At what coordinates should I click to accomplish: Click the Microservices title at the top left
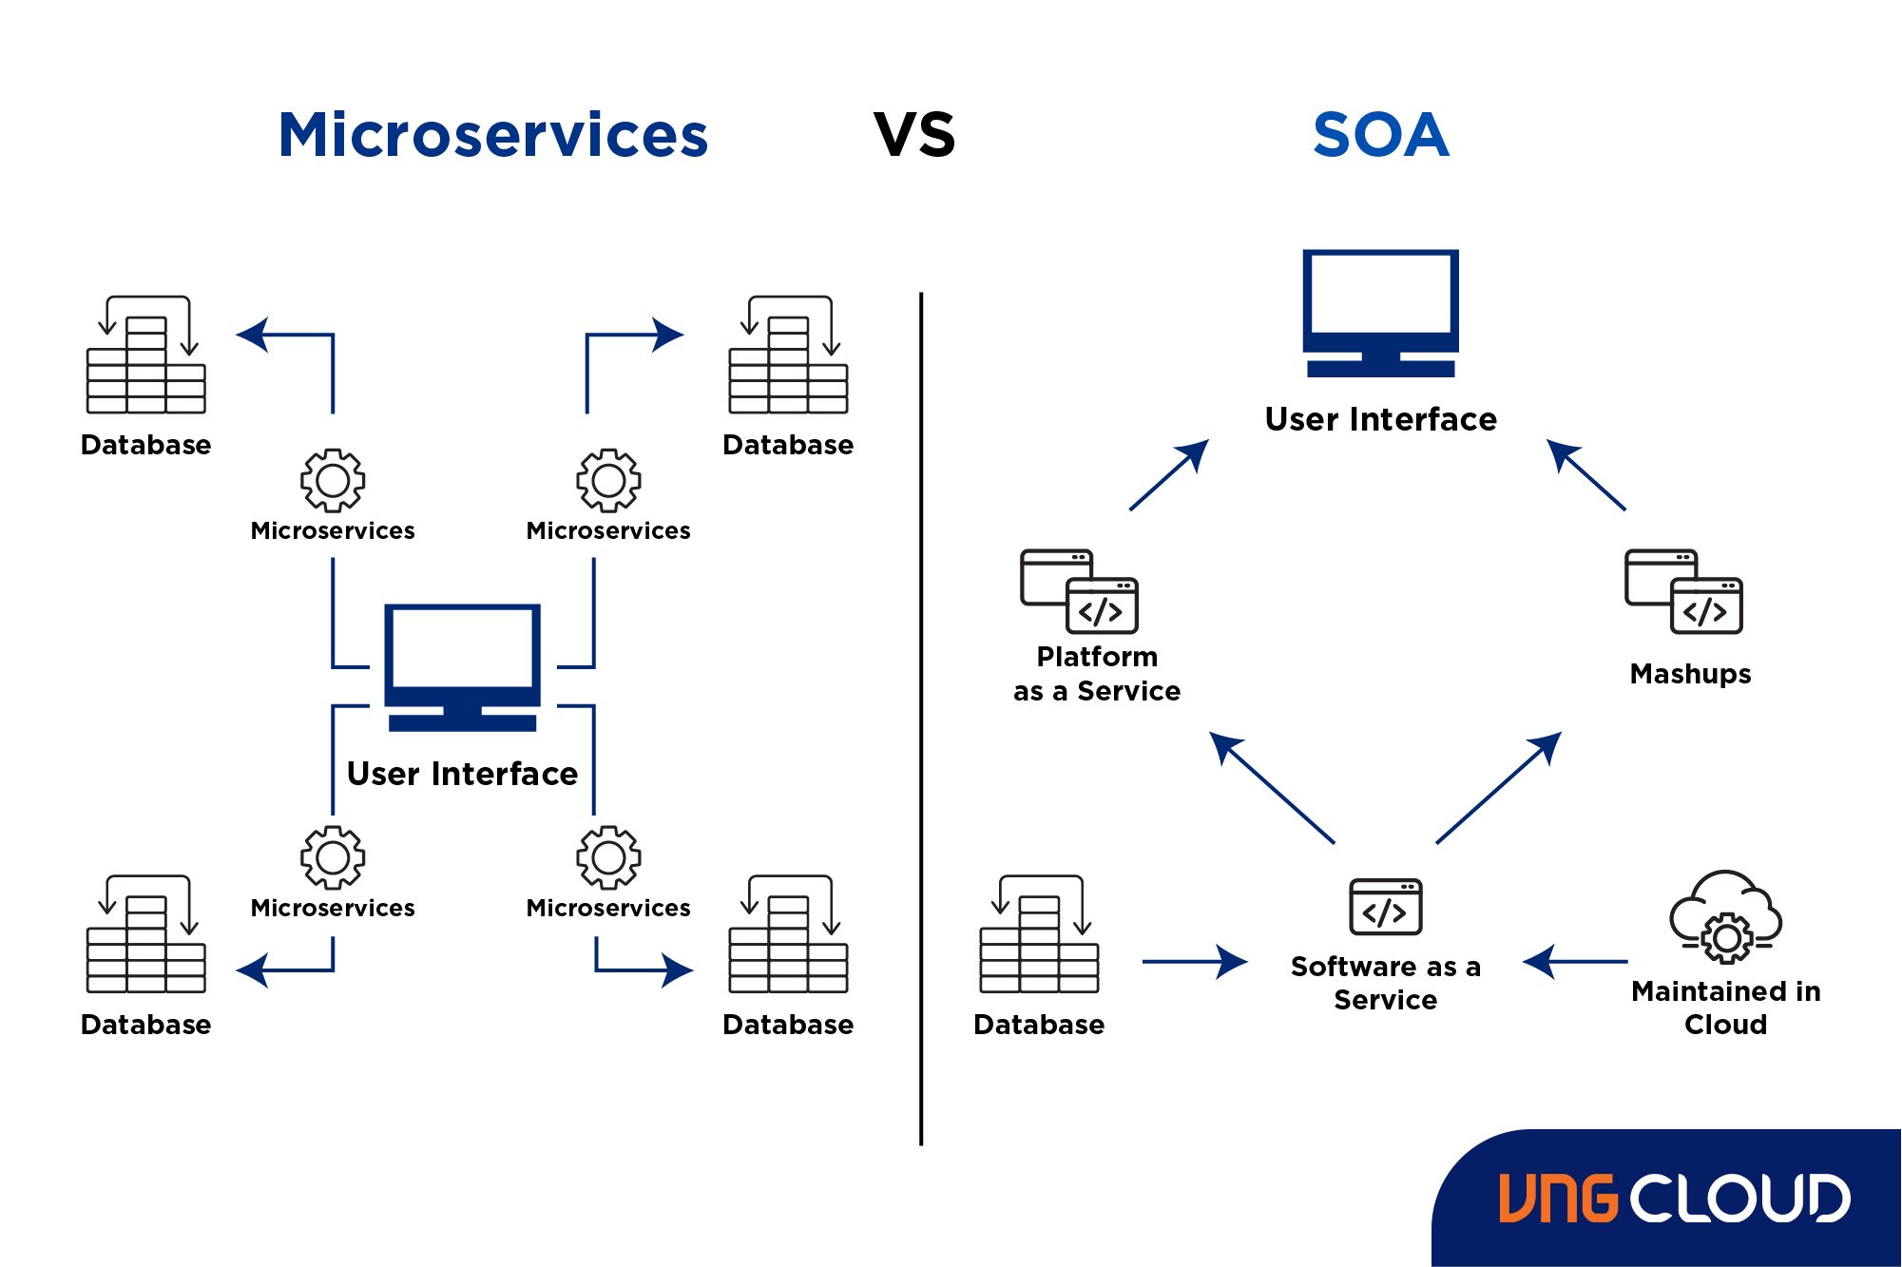tap(492, 135)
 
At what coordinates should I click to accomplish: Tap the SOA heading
tap(1380, 135)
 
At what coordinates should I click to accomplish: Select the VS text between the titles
tap(913, 135)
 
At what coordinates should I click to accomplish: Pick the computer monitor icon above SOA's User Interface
tap(1380, 312)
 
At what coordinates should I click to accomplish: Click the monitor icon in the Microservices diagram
tap(462, 665)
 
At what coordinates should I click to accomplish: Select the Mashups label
tap(1690, 674)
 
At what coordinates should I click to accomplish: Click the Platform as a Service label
tap(1097, 674)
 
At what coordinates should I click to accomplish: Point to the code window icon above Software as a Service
tap(1385, 907)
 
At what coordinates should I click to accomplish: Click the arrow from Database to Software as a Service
tap(1194, 962)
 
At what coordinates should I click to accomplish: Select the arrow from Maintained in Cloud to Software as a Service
tap(1575, 962)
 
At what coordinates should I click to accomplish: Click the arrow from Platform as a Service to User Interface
tap(1169, 474)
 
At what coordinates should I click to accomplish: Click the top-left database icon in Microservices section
tap(145, 355)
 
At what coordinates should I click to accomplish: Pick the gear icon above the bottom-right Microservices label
tap(608, 857)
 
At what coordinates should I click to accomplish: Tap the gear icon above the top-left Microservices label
tap(333, 480)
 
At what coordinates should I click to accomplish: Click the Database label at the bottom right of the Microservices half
tap(788, 1025)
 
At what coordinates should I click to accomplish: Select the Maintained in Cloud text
tap(1725, 1008)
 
